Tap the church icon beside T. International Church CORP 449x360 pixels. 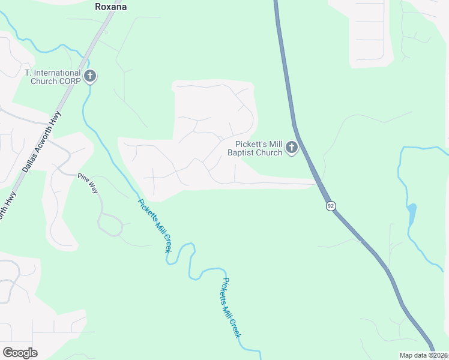pyautogui.click(x=90, y=76)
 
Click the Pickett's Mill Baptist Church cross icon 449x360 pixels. pyautogui.click(x=292, y=147)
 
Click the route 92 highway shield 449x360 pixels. pyautogui.click(x=331, y=206)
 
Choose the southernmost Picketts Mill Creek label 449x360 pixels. pyautogui.click(x=231, y=307)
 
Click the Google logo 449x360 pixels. pyautogui.click(x=20, y=353)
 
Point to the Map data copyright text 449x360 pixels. pyautogui.click(x=423, y=355)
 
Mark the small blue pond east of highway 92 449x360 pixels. pyautogui.click(x=411, y=212)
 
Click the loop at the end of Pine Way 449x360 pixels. pyautogui.click(x=110, y=225)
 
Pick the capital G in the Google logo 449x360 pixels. pyautogui.click(x=8, y=353)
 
